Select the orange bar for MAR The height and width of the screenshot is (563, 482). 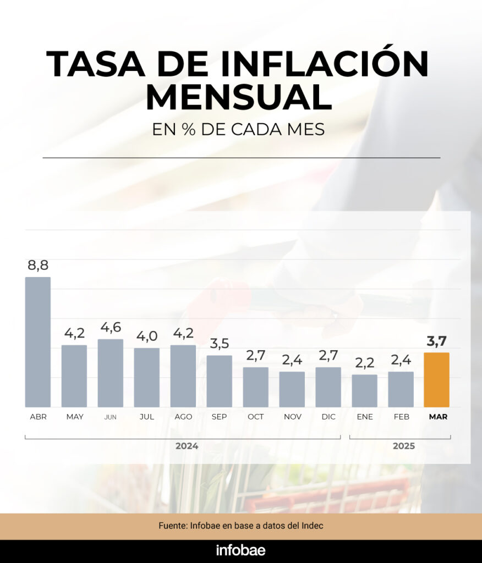pyautogui.click(x=436, y=379)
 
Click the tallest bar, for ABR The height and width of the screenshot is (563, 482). pyautogui.click(x=38, y=341)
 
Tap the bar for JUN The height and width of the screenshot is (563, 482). pyautogui.click(x=111, y=373)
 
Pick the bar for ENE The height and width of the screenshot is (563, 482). pyautogui.click(x=365, y=390)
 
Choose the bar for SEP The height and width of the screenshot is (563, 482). pyautogui.click(x=219, y=381)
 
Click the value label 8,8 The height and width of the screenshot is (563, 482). pyautogui.click(x=38, y=266)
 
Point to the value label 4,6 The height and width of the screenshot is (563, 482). pyautogui.click(x=111, y=328)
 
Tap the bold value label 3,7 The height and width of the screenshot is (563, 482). pyautogui.click(x=436, y=341)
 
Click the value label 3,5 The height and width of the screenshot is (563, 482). pyautogui.click(x=219, y=344)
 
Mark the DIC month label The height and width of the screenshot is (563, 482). pyautogui.click(x=328, y=417)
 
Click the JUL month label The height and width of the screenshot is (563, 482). pyautogui.click(x=147, y=417)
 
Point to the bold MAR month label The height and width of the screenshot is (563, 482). pyautogui.click(x=438, y=417)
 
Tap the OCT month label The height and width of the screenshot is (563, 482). pyautogui.click(x=255, y=417)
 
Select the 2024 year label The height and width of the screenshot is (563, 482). pyautogui.click(x=187, y=446)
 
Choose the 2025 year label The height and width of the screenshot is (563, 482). pyautogui.click(x=403, y=446)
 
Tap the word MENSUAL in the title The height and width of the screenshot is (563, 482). pyautogui.click(x=239, y=98)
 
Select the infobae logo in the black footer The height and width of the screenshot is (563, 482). pyautogui.click(x=240, y=550)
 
